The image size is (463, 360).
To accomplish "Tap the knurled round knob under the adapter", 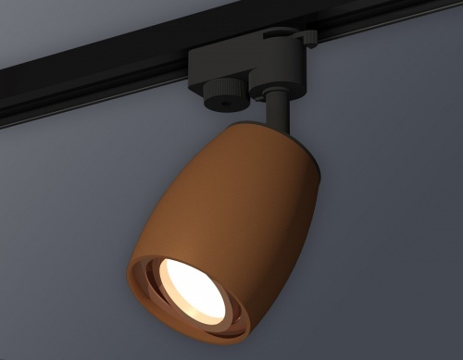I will (x=224, y=90).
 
